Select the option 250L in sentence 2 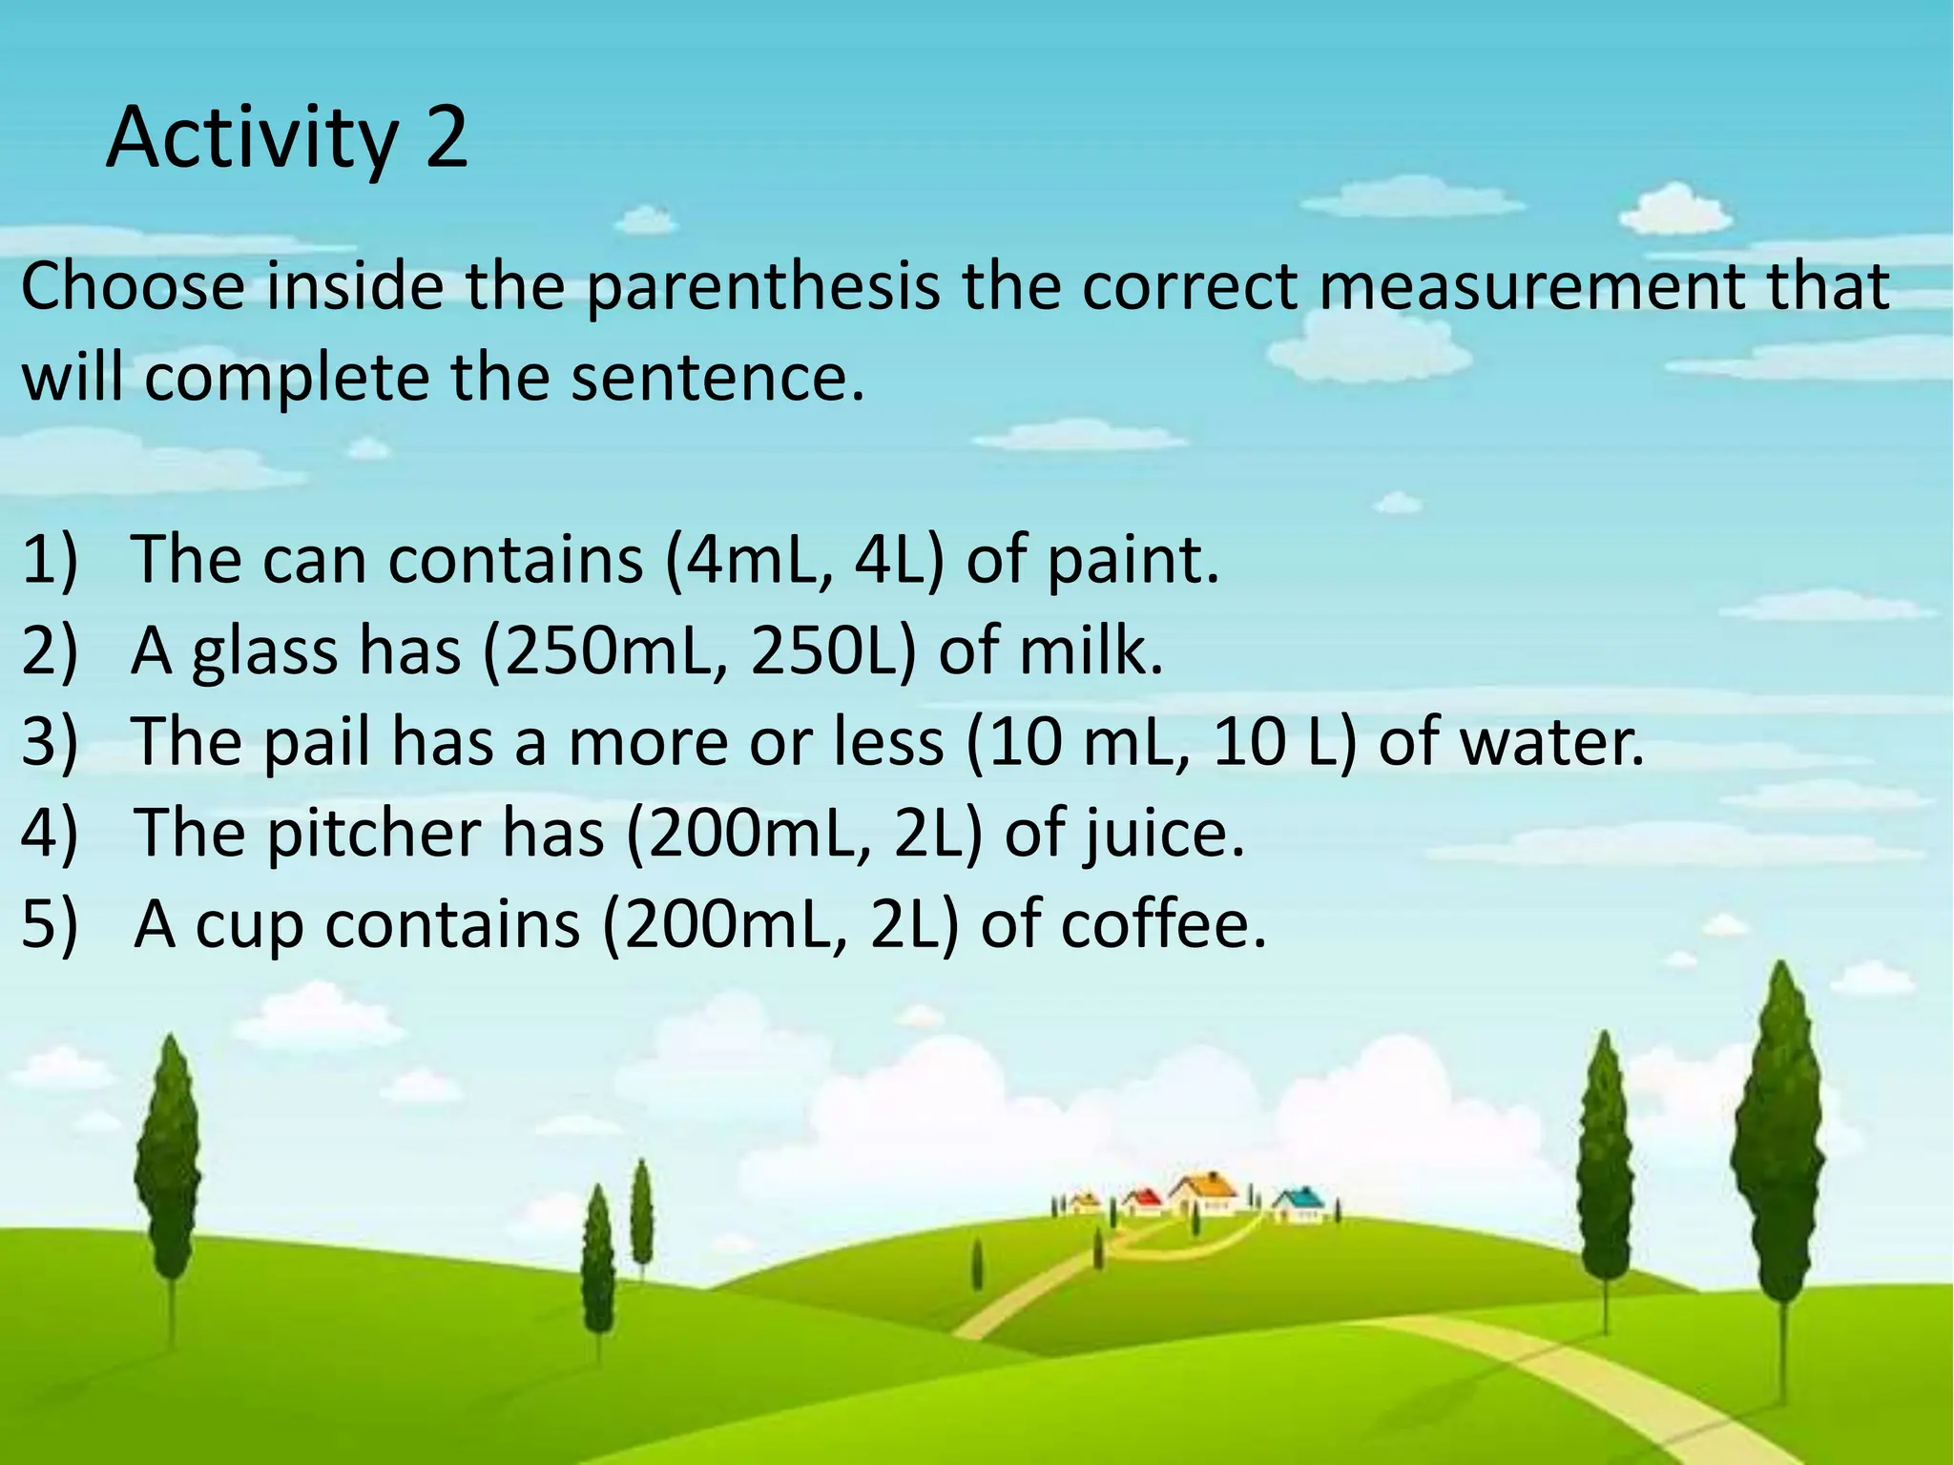[821, 652]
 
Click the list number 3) [49, 743]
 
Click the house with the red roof [1143, 1200]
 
